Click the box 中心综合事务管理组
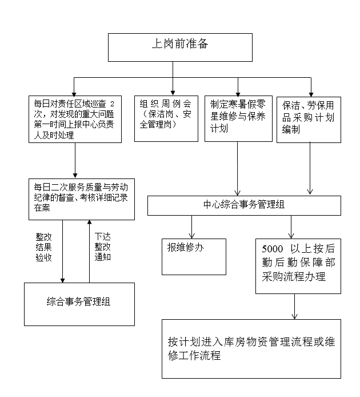[x=244, y=205]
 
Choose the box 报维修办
[x=194, y=256]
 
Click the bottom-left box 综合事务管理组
[x=79, y=304]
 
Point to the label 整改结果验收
[x=44, y=246]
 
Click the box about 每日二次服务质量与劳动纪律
[x=82, y=199]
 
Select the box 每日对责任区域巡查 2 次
[x=76, y=118]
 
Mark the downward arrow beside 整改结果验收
[x=62, y=252]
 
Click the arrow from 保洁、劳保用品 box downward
[x=310, y=169]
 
